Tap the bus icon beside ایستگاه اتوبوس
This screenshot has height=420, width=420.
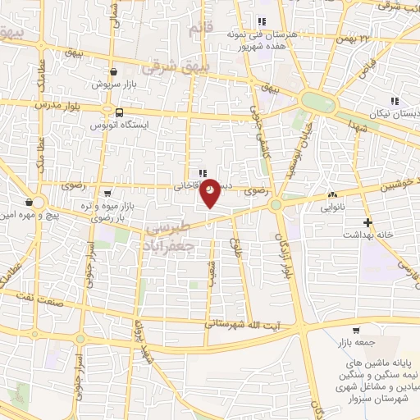tap(121, 113)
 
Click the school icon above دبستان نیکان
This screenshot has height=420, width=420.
tap(395, 101)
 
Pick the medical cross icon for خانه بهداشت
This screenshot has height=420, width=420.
tap(368, 222)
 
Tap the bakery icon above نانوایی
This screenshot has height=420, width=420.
tap(332, 195)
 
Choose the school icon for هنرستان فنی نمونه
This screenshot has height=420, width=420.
tap(261, 22)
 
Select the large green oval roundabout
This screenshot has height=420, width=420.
tap(317, 102)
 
